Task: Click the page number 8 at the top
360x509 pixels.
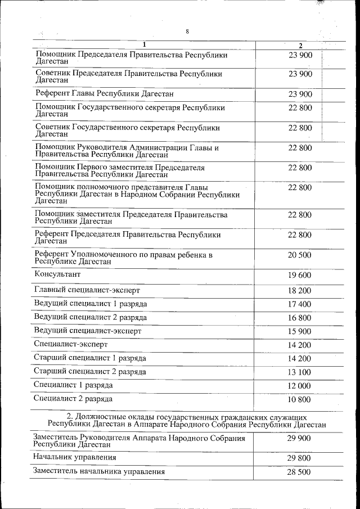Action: (187, 31)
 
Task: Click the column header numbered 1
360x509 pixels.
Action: (144, 44)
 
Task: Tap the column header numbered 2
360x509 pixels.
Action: (300, 46)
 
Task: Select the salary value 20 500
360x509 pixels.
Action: (299, 255)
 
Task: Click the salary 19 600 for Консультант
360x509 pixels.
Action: (299, 275)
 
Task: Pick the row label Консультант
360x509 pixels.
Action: (57, 274)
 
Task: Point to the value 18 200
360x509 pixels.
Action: (299, 290)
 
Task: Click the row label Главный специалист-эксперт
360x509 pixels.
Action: (87, 290)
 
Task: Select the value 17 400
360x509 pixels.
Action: (299, 304)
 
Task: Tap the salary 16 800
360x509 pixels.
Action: (299, 317)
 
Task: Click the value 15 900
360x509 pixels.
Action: (299, 331)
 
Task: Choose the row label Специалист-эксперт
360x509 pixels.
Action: (71, 344)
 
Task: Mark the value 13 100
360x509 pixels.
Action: (299, 372)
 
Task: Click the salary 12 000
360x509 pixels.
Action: (299, 385)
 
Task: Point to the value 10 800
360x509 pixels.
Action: (299, 399)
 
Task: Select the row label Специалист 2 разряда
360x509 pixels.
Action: (73, 399)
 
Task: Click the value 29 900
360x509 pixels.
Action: (299, 439)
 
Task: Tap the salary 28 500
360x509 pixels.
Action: (299, 472)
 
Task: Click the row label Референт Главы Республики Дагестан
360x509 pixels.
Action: (104, 93)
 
